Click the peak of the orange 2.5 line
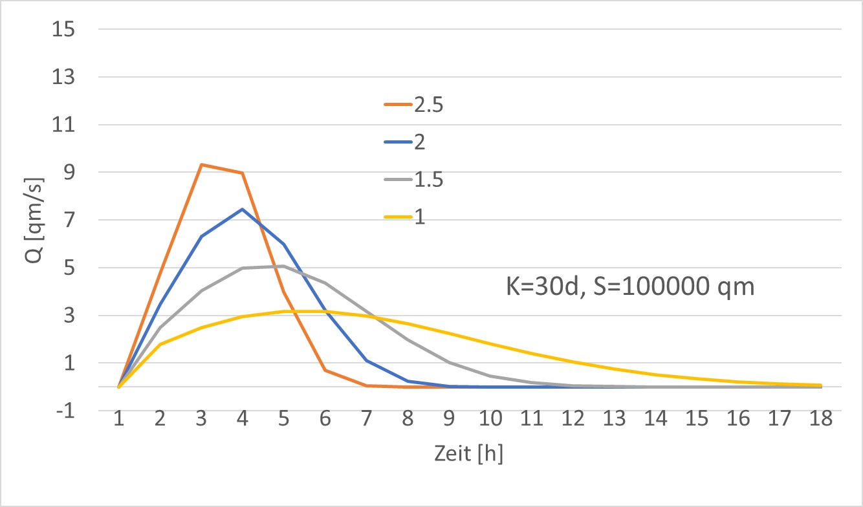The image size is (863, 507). pyautogui.click(x=201, y=165)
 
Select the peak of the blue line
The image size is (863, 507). pyautogui.click(x=243, y=210)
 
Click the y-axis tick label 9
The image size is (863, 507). pyautogui.click(x=68, y=173)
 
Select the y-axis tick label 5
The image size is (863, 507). pyautogui.click(x=68, y=268)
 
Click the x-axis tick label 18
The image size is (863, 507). pyautogui.click(x=821, y=421)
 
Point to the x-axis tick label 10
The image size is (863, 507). pyautogui.click(x=490, y=421)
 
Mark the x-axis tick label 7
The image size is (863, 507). pyautogui.click(x=366, y=421)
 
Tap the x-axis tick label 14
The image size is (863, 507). pyautogui.click(x=655, y=421)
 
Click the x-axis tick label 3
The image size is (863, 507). pyautogui.click(x=201, y=421)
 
